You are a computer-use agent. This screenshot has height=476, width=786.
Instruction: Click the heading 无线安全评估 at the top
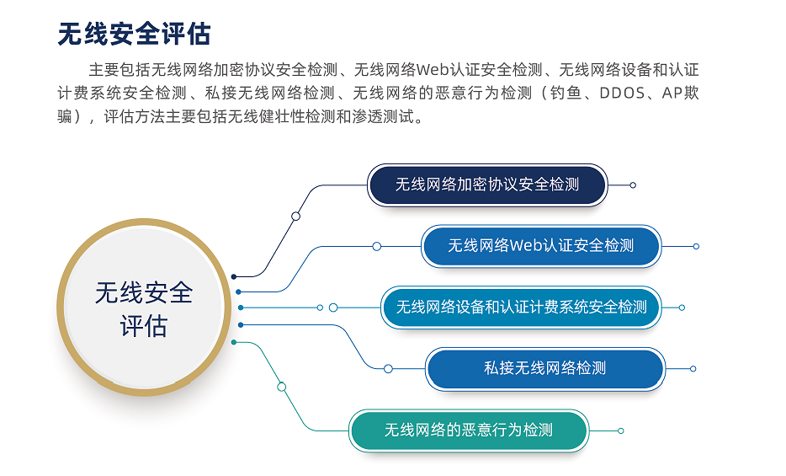[x=134, y=34]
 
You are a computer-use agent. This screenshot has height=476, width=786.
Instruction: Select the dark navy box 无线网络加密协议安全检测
[x=487, y=185]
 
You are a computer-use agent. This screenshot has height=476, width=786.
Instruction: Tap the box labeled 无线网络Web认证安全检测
[x=541, y=246]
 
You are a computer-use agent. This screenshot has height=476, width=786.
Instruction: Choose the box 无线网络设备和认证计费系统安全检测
[x=521, y=308]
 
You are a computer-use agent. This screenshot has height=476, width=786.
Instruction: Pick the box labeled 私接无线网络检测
[x=544, y=369]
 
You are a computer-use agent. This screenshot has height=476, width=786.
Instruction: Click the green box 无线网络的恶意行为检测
[x=469, y=431]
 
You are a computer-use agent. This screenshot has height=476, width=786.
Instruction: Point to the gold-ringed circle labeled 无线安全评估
[x=144, y=308]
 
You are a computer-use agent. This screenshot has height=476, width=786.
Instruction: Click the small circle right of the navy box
[x=633, y=185]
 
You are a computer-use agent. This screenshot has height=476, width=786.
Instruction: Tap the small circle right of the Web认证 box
[x=696, y=246]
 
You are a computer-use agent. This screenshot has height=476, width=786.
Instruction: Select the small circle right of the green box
[x=620, y=431]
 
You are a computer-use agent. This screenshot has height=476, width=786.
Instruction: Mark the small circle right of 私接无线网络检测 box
[x=693, y=369]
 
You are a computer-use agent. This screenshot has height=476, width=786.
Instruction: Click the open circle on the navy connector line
[x=295, y=217]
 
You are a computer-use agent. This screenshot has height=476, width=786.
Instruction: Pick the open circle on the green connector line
[x=282, y=387]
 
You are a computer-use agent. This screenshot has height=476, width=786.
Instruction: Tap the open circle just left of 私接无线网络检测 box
[x=388, y=369]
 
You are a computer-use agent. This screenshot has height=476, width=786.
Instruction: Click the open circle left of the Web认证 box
[x=377, y=246]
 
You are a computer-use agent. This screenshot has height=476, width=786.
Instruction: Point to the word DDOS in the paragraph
[x=623, y=94]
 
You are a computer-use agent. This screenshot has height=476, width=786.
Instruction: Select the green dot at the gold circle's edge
[x=234, y=342]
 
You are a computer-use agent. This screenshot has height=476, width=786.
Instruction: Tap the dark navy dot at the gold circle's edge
[x=234, y=276]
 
